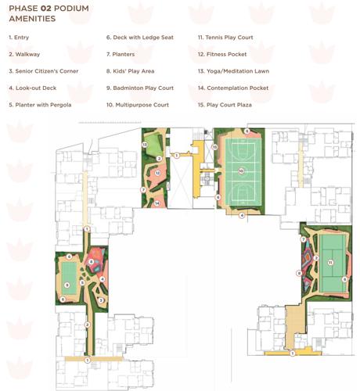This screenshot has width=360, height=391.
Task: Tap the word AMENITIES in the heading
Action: click(32, 20)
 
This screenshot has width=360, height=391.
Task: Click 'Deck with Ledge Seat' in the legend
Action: click(139, 37)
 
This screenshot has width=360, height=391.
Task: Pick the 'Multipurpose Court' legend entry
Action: click(139, 104)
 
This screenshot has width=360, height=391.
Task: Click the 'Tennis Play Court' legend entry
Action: click(228, 37)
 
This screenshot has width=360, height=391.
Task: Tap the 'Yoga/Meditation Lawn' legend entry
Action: click(234, 70)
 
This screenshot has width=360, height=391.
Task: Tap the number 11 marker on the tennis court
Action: click(331, 262)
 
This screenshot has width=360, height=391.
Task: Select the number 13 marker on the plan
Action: click(146, 145)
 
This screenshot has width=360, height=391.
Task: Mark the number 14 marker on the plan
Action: click(157, 203)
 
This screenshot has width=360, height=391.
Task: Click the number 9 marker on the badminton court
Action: click(68, 285)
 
